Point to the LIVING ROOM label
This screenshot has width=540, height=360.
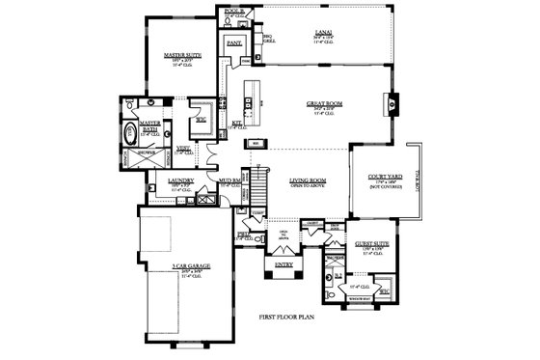pyautogui.click(x=308, y=180)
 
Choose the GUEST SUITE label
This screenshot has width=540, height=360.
pyautogui.click(x=370, y=245)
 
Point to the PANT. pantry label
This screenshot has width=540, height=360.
pyautogui.click(x=233, y=43)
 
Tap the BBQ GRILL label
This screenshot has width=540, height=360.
pyautogui.click(x=270, y=40)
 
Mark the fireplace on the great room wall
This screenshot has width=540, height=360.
pyautogui.click(x=391, y=99)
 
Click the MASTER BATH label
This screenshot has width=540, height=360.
pyautogui.click(x=149, y=125)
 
